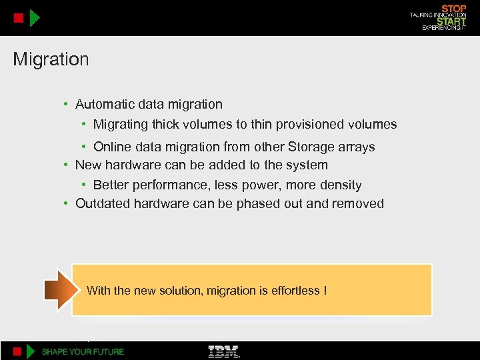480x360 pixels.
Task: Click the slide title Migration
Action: point(51,59)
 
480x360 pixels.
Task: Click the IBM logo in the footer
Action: point(224,351)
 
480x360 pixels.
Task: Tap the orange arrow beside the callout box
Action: point(58,289)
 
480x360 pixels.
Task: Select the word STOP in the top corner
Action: point(453,8)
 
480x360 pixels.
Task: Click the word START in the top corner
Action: point(451,21)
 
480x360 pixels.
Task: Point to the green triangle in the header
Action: point(35,17)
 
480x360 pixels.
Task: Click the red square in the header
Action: point(19,17)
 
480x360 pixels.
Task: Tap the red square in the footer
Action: point(19,351)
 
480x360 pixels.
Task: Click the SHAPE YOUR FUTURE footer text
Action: point(83,351)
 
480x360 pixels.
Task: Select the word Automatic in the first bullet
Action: point(104,104)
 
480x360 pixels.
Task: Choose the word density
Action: point(339,185)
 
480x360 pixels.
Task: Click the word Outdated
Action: point(103,203)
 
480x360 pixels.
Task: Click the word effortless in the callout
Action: point(295,290)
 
